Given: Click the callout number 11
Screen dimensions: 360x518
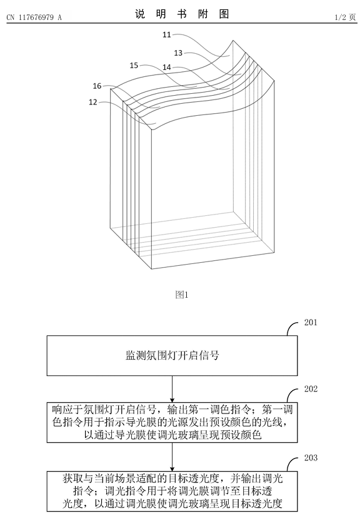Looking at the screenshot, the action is pyautogui.click(x=167, y=34).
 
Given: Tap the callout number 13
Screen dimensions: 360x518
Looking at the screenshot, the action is pyautogui.click(x=178, y=53).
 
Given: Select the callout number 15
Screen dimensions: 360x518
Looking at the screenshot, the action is pyautogui.click(x=134, y=66).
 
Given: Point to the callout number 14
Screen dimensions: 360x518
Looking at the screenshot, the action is pyautogui.click(x=167, y=68).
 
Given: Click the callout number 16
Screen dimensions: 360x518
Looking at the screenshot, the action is pyautogui.click(x=97, y=86).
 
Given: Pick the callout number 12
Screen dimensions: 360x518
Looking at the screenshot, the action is pyautogui.click(x=93, y=103).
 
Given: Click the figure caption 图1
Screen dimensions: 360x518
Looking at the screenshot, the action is pyautogui.click(x=182, y=295).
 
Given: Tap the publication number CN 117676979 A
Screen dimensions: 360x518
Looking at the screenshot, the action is pyautogui.click(x=34, y=18).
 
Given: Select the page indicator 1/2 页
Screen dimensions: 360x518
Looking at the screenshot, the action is pyautogui.click(x=345, y=18).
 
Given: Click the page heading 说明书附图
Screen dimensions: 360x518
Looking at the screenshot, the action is pyautogui.click(x=182, y=14).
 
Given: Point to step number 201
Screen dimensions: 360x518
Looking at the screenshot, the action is pyautogui.click(x=311, y=323).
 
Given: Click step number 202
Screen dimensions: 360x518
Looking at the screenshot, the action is pyautogui.click(x=311, y=389).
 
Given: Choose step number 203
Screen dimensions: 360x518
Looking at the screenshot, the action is pyautogui.click(x=311, y=458).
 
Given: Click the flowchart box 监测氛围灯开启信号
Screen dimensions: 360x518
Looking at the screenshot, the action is pyautogui.click(x=172, y=356).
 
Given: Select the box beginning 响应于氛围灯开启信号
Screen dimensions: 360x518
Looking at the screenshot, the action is pyautogui.click(x=172, y=422).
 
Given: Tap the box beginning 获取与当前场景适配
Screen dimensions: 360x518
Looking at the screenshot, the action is pyautogui.click(x=172, y=492).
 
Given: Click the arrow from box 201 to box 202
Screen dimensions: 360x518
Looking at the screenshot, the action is pyautogui.click(x=172, y=389).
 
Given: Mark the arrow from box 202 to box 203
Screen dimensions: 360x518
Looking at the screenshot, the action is pyautogui.click(x=172, y=457).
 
